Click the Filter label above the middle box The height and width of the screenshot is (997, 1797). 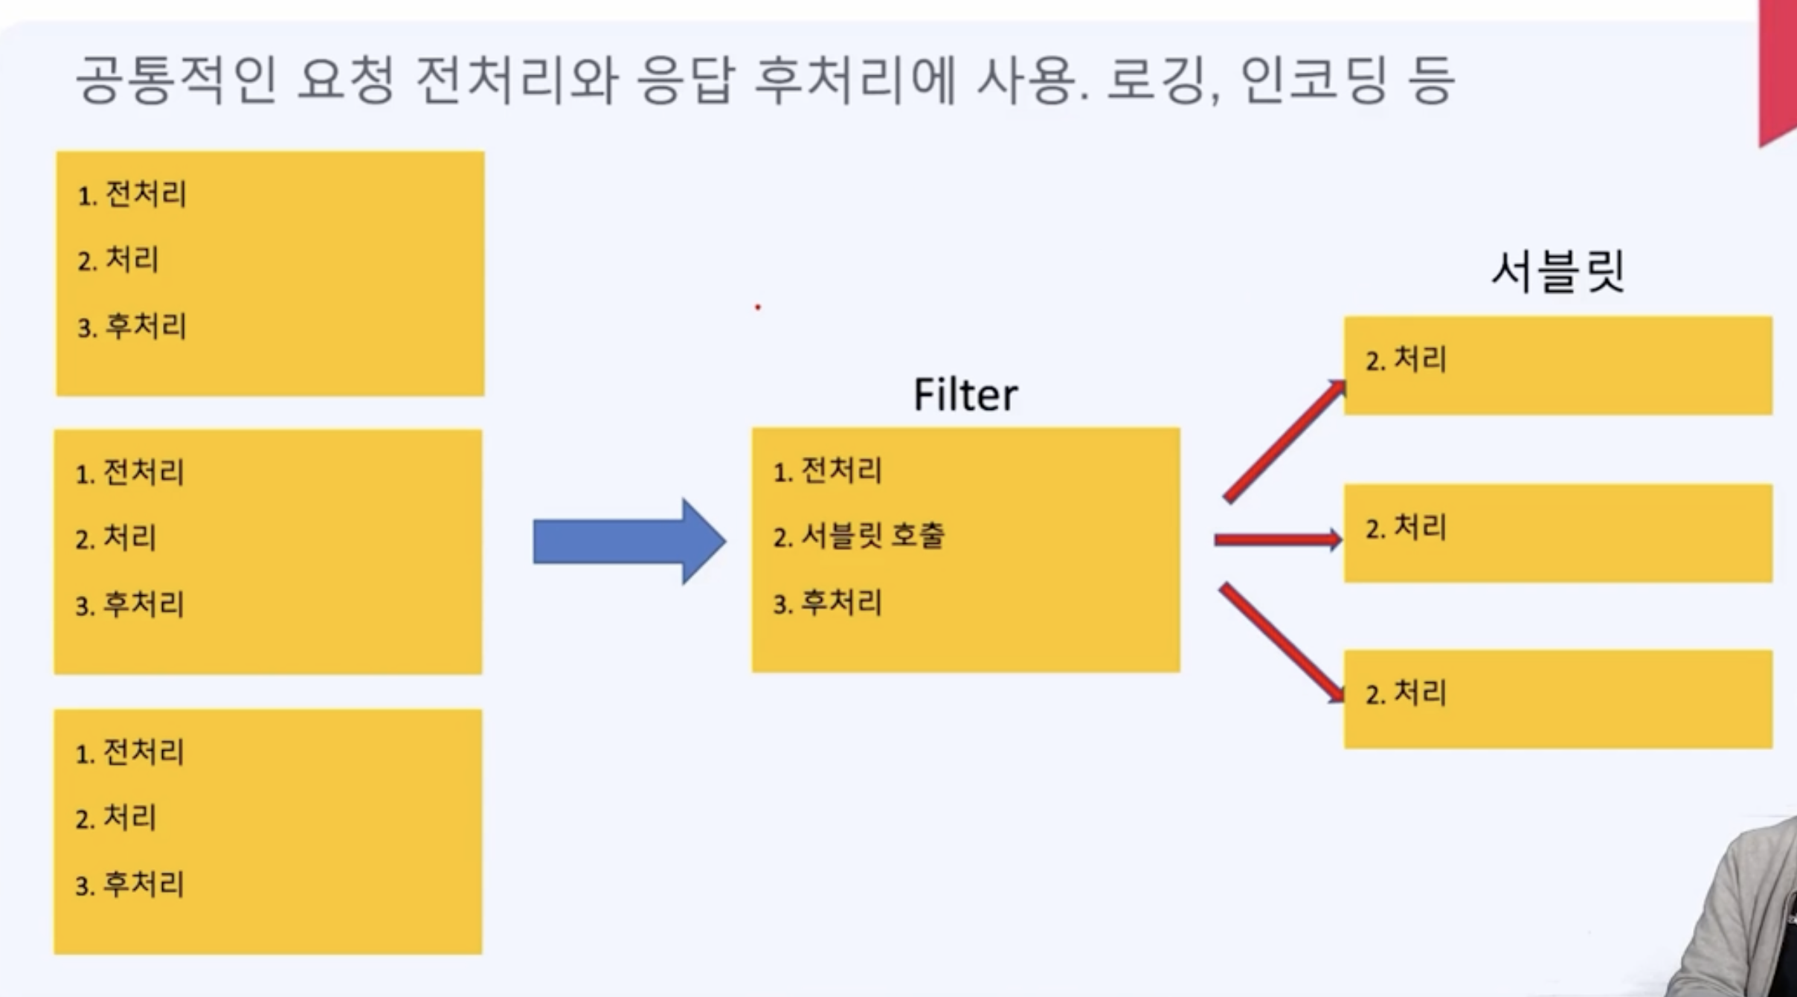tap(965, 394)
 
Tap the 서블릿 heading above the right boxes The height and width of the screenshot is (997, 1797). tap(1557, 272)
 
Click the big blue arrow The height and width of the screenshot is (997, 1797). tap(629, 541)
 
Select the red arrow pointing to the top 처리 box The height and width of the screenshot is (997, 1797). tap(1285, 441)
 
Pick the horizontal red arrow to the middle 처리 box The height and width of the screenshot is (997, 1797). tap(1277, 539)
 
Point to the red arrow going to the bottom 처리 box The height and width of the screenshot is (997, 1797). tap(1282, 643)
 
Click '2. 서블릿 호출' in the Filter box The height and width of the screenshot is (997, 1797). tap(858, 536)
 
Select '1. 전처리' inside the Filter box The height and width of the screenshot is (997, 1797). tap(827, 470)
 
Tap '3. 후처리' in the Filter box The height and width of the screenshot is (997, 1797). tap(827, 602)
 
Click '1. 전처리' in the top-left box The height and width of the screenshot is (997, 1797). tap(132, 194)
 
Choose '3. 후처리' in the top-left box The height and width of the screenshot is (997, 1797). tap(132, 326)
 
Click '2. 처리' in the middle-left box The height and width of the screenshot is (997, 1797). tap(116, 537)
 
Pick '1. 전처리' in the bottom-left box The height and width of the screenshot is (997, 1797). tap(129, 751)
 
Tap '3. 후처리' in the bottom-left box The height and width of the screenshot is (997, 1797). tap(129, 884)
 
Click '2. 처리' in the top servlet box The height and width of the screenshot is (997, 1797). tap(1406, 359)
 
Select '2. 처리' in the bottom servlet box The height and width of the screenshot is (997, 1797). tap(1406, 693)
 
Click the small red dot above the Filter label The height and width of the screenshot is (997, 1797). tap(758, 307)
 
